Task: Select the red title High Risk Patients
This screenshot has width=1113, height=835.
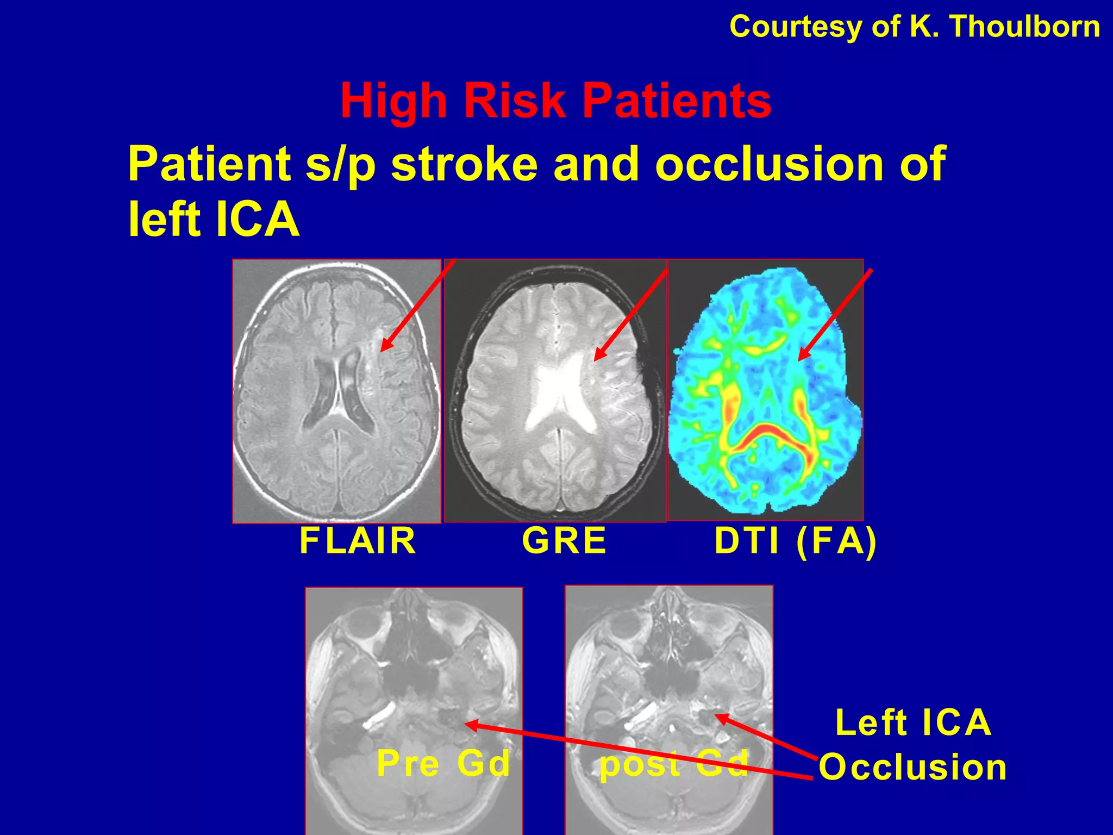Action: pyautogui.click(x=555, y=101)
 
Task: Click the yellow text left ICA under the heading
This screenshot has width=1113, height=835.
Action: pyautogui.click(x=214, y=220)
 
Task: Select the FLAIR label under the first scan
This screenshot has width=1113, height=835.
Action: pyautogui.click(x=358, y=541)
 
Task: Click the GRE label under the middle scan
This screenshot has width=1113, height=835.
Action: pyautogui.click(x=564, y=541)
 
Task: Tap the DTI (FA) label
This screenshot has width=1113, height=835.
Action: pyautogui.click(x=796, y=541)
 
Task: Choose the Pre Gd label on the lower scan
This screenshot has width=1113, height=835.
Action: pyautogui.click(x=443, y=763)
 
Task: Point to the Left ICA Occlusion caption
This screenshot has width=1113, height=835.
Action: pyautogui.click(x=913, y=745)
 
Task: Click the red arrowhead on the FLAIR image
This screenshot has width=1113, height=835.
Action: pyautogui.click(x=385, y=346)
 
